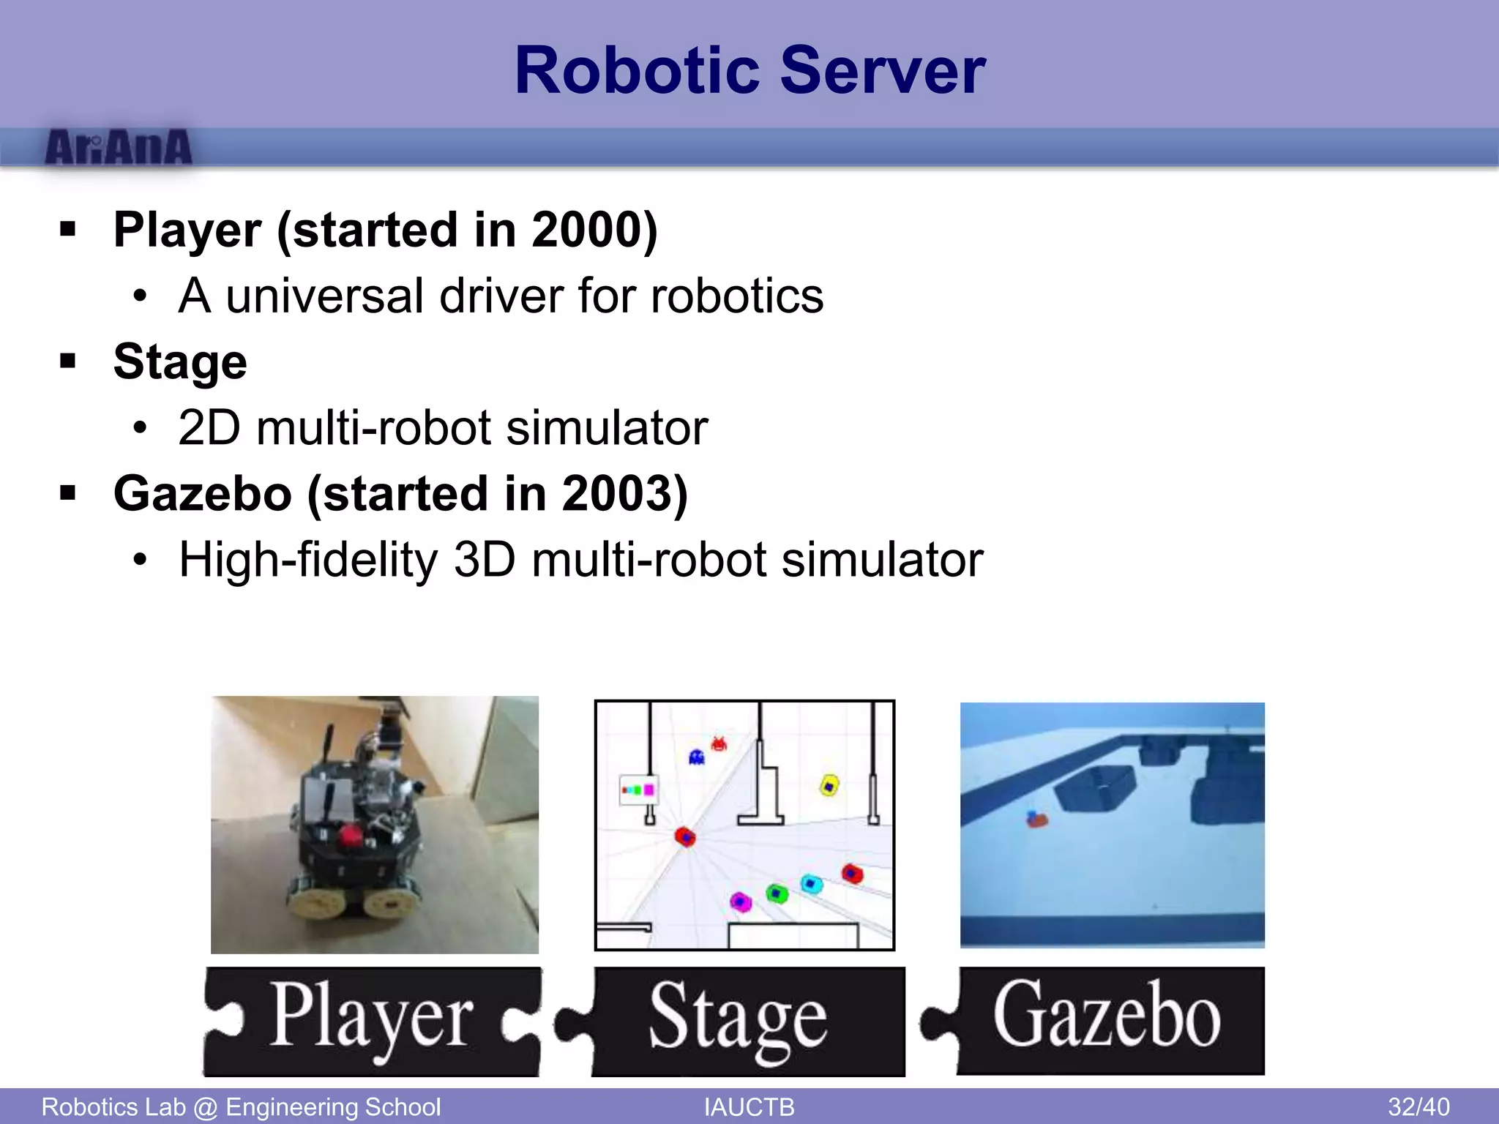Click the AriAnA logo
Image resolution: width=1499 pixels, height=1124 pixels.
pyautogui.click(x=119, y=149)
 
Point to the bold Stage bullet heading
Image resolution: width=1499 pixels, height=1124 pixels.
pyautogui.click(x=180, y=362)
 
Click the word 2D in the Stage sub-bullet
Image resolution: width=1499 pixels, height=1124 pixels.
pyautogui.click(x=209, y=428)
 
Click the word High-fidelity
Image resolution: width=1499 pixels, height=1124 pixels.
pyautogui.click(x=307, y=561)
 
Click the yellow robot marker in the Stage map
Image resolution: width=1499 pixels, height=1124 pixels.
pyautogui.click(x=829, y=786)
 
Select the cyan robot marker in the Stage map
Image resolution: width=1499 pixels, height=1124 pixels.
pyautogui.click(x=810, y=884)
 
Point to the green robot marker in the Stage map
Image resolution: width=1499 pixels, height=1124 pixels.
pyautogui.click(x=777, y=893)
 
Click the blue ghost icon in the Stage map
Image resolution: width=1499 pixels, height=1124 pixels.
pyautogui.click(x=696, y=757)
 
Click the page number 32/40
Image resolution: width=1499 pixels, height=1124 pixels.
pyautogui.click(x=1418, y=1107)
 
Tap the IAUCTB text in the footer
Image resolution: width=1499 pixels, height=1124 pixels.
pyautogui.click(x=749, y=1107)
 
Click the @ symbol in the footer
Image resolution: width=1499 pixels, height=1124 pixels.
pyautogui.click(x=206, y=1107)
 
